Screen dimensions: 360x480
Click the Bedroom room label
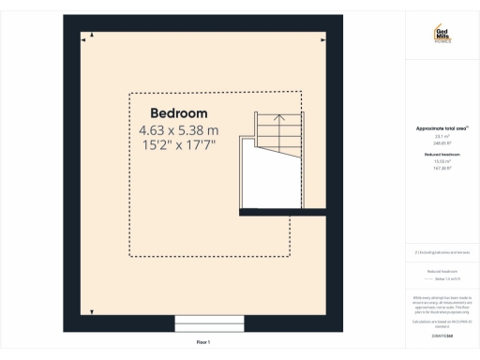[x=178, y=113]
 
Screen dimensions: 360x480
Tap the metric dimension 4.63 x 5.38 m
[x=178, y=130]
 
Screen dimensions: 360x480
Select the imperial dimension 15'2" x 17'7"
[x=178, y=145]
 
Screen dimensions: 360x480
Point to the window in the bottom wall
[x=210, y=323]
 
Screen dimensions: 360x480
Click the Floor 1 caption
[x=203, y=343]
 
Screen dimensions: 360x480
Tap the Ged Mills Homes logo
[x=442, y=35]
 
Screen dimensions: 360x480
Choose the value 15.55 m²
[x=442, y=161]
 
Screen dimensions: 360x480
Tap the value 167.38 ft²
[x=442, y=168]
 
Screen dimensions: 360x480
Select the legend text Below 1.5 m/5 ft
[x=442, y=279]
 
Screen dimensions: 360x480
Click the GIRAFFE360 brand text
[x=442, y=335]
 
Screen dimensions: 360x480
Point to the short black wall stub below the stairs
[x=281, y=213]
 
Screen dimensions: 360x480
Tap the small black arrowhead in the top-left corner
[x=84, y=40]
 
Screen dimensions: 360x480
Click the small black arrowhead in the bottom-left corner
[x=90, y=310]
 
